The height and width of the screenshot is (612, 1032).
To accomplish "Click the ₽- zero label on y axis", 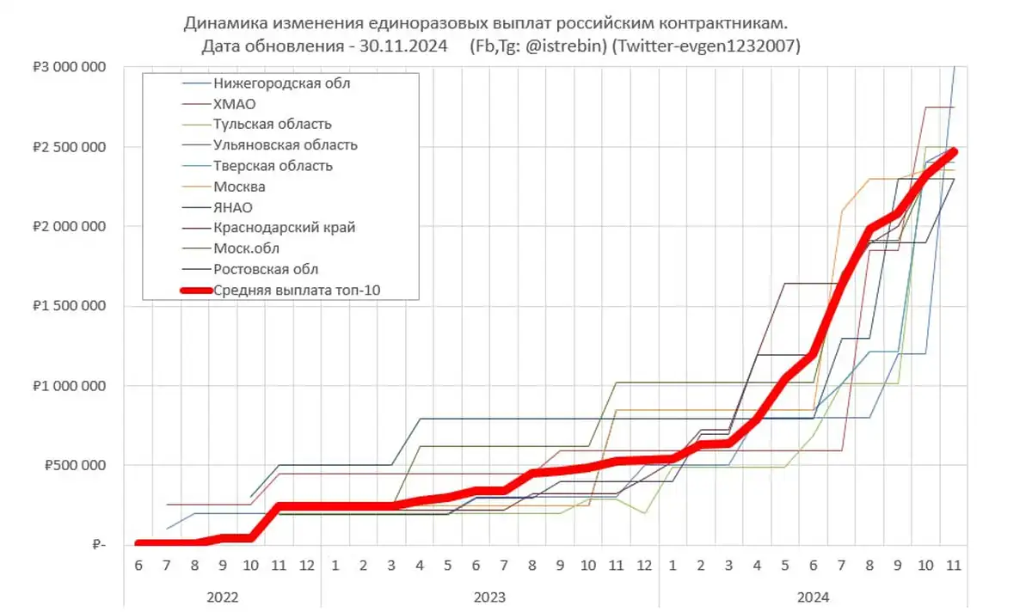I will [97, 545].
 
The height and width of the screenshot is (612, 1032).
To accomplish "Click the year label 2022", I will [222, 596].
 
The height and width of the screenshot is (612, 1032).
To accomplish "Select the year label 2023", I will [488, 596].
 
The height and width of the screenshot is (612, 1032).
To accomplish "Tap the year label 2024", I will [814, 596].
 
